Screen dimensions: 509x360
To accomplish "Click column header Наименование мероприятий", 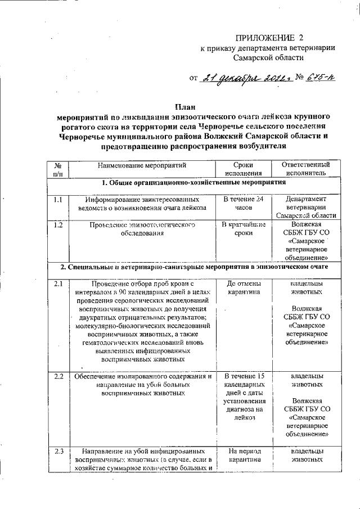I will tap(142, 165).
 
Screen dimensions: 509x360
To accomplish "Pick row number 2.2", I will tap(58, 376).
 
